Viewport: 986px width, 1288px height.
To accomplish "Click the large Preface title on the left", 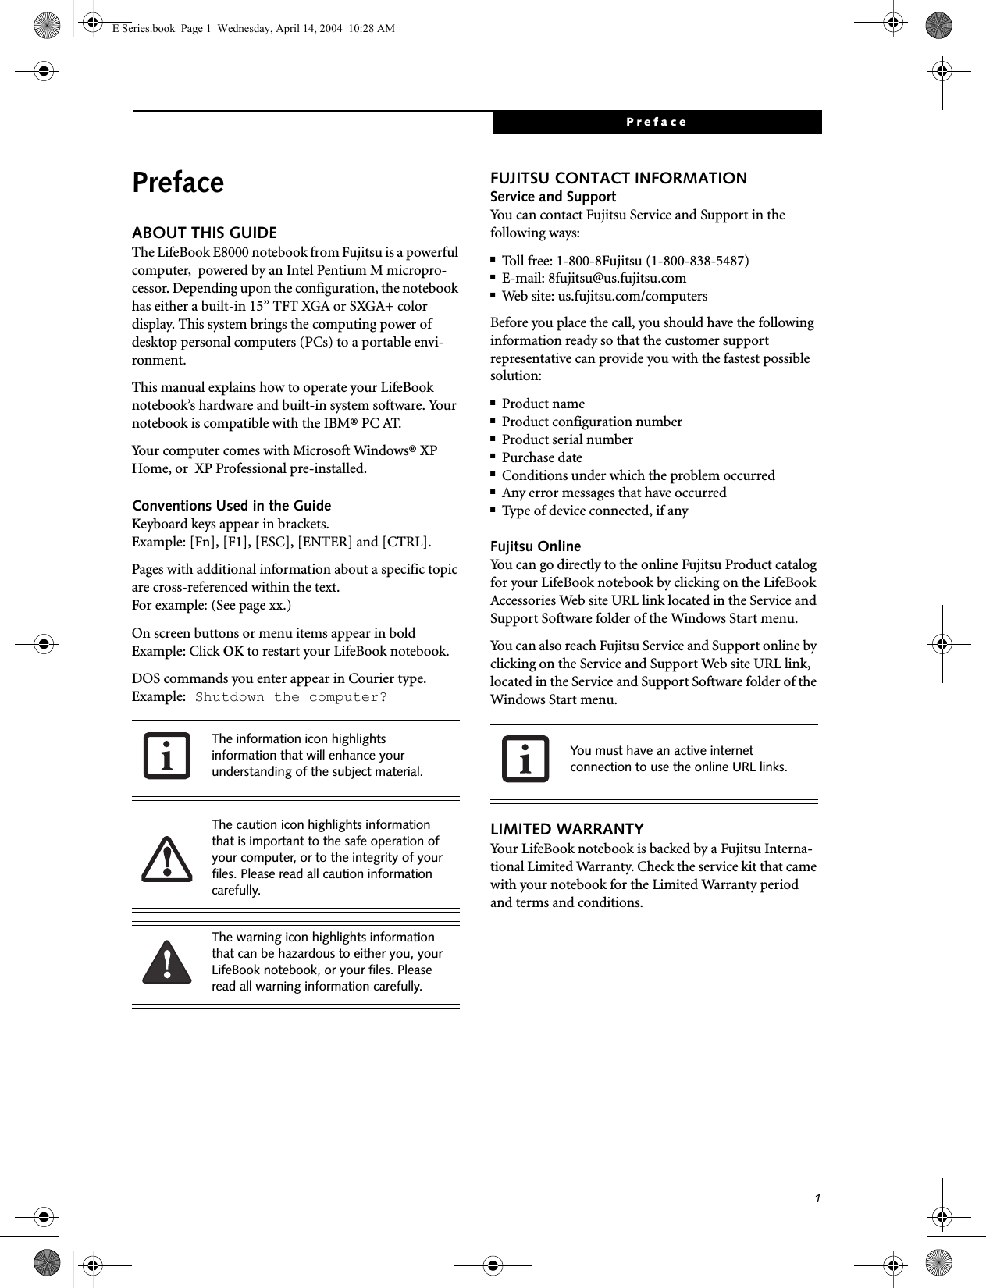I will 178,183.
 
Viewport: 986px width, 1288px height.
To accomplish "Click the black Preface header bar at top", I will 656,123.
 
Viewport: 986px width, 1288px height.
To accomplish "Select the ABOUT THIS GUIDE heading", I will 205,233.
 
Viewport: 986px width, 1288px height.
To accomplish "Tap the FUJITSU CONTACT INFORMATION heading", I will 618,178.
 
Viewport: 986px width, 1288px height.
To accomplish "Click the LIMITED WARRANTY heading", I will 567,829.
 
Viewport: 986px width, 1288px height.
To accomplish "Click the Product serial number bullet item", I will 567,439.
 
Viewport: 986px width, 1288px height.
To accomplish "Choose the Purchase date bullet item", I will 542,457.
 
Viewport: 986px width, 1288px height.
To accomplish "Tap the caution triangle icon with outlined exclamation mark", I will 167,859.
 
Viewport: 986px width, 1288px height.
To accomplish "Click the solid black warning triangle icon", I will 167,962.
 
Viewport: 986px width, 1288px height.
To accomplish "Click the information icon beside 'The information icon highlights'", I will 167,756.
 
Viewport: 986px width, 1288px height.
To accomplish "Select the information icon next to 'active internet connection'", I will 525,759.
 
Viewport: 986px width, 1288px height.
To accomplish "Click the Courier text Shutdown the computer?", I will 290,697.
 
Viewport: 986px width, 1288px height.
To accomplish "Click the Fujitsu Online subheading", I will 536,546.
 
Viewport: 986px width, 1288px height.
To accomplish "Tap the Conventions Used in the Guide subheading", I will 232,505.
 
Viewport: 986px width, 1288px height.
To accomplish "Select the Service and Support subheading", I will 553,197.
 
